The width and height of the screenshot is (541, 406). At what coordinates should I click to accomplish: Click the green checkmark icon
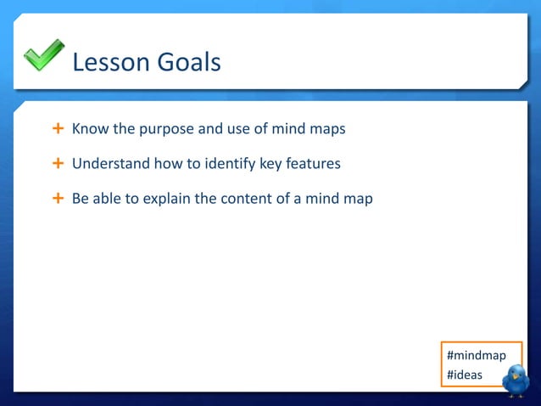[43, 55]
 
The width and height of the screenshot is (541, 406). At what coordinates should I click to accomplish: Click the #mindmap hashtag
[476, 355]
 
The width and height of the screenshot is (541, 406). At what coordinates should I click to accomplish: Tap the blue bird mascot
[515, 381]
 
